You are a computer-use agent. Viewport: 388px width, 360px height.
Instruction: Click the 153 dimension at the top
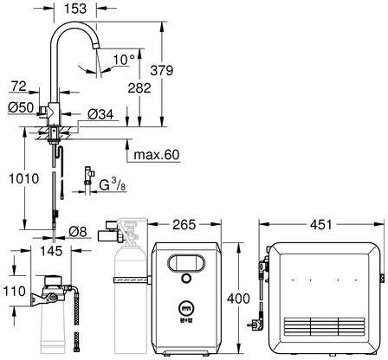[x=74, y=8]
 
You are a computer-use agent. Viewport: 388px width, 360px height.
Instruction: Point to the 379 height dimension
[x=162, y=70]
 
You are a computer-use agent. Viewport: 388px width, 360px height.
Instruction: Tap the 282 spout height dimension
[x=139, y=88]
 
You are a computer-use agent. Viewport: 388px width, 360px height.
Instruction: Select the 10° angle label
[x=124, y=60]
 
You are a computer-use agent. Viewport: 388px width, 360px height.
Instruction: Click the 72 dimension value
[x=19, y=86]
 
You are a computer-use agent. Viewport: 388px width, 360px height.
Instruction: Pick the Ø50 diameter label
[x=21, y=107]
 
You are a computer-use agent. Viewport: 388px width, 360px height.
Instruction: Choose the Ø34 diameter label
[x=100, y=114]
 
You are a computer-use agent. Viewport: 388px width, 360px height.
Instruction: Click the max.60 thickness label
[x=157, y=155]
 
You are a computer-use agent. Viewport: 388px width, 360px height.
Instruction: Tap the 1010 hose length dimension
[x=24, y=178]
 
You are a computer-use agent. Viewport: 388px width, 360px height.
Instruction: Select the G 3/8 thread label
[x=113, y=184]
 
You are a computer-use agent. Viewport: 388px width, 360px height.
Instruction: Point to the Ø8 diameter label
[x=78, y=231]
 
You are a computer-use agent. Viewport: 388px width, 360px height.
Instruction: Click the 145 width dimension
[x=51, y=251]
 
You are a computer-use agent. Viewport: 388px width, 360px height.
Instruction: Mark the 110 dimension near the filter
[x=15, y=291]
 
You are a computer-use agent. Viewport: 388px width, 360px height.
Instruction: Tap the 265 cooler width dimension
[x=184, y=224]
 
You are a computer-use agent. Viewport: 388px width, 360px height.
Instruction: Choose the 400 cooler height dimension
[x=238, y=299]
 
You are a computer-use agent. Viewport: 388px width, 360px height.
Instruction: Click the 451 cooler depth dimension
[x=321, y=224]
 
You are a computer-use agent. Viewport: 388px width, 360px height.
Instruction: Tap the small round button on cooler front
[x=186, y=279]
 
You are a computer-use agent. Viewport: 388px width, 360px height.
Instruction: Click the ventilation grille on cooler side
[x=325, y=327]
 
